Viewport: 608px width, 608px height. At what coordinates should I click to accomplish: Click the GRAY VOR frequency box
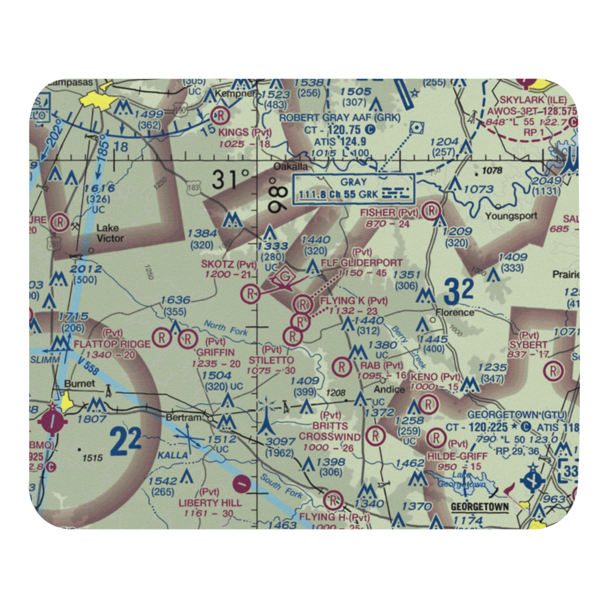click(x=353, y=189)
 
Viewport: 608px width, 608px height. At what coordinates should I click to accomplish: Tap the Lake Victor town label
click(x=109, y=233)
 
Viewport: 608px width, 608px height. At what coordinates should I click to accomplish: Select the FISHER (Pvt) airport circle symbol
click(x=432, y=211)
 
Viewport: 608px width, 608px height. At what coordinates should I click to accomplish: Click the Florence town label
click(x=456, y=313)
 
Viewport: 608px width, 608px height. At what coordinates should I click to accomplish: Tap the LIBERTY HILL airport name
click(x=210, y=503)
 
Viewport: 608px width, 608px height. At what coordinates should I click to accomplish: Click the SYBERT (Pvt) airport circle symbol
click(x=553, y=370)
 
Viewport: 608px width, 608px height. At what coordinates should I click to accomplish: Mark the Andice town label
click(x=389, y=390)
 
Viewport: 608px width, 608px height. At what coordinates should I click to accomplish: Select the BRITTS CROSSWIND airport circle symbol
click(x=377, y=435)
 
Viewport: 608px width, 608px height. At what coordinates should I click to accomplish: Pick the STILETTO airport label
click(x=271, y=360)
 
